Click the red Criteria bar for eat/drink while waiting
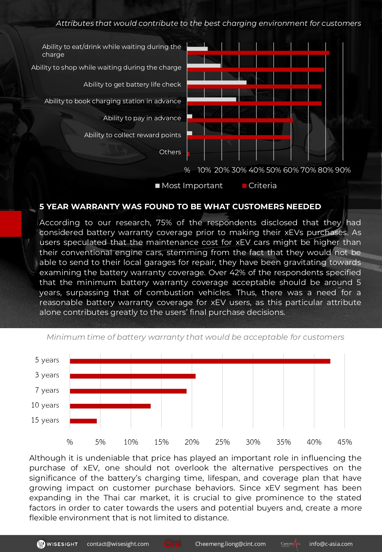click(258, 53)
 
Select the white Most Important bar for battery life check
click(217, 83)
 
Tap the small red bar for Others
click(188, 154)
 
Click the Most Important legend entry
click(189, 185)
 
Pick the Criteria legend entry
click(259, 185)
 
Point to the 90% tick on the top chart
click(343, 170)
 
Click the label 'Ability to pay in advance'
click(142, 118)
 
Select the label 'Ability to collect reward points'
click(132, 135)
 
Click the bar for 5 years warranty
click(200, 361)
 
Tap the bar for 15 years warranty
click(83, 421)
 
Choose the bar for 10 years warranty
click(110, 406)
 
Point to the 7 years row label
click(47, 390)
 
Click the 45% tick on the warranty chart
click(345, 442)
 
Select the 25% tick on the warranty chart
click(222, 442)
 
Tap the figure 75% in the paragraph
click(164, 222)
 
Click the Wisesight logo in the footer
click(57, 544)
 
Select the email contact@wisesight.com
click(118, 544)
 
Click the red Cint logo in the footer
click(172, 544)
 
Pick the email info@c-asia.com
click(331, 544)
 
